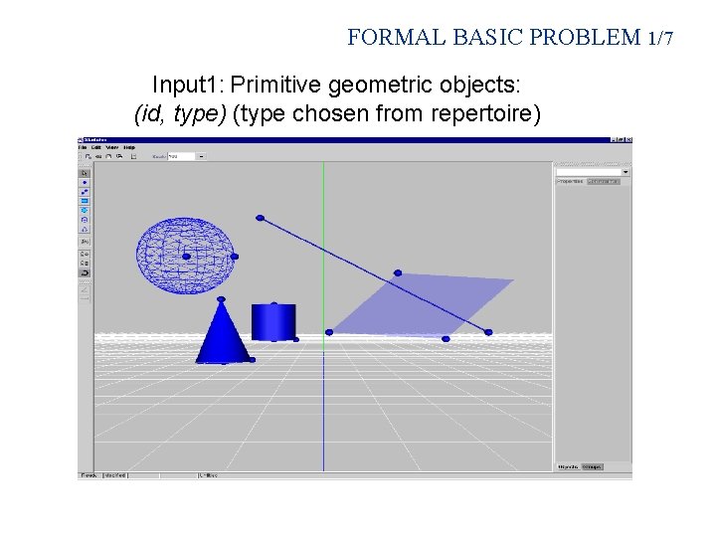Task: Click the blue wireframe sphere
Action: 186,256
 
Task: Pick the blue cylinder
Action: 273,322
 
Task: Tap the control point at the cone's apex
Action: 221,299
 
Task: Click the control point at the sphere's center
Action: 186,257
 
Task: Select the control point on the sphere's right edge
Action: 235,257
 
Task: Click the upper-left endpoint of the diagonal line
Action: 261,218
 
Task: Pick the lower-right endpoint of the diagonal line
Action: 488,331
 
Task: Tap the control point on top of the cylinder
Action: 273,303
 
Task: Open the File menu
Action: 84,147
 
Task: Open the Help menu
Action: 129,147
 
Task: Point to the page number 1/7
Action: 659,39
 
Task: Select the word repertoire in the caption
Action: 485,114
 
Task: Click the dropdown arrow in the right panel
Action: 625,172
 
